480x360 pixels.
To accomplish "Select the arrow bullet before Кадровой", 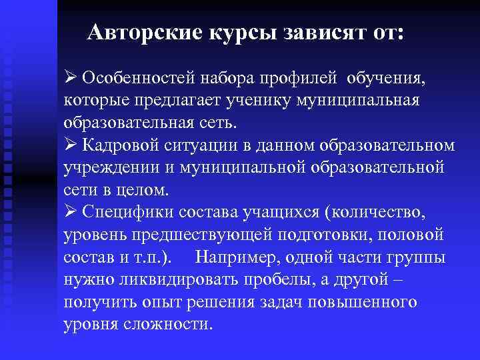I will coord(71,145).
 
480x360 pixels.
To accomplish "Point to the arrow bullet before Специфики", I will coord(71,213).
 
